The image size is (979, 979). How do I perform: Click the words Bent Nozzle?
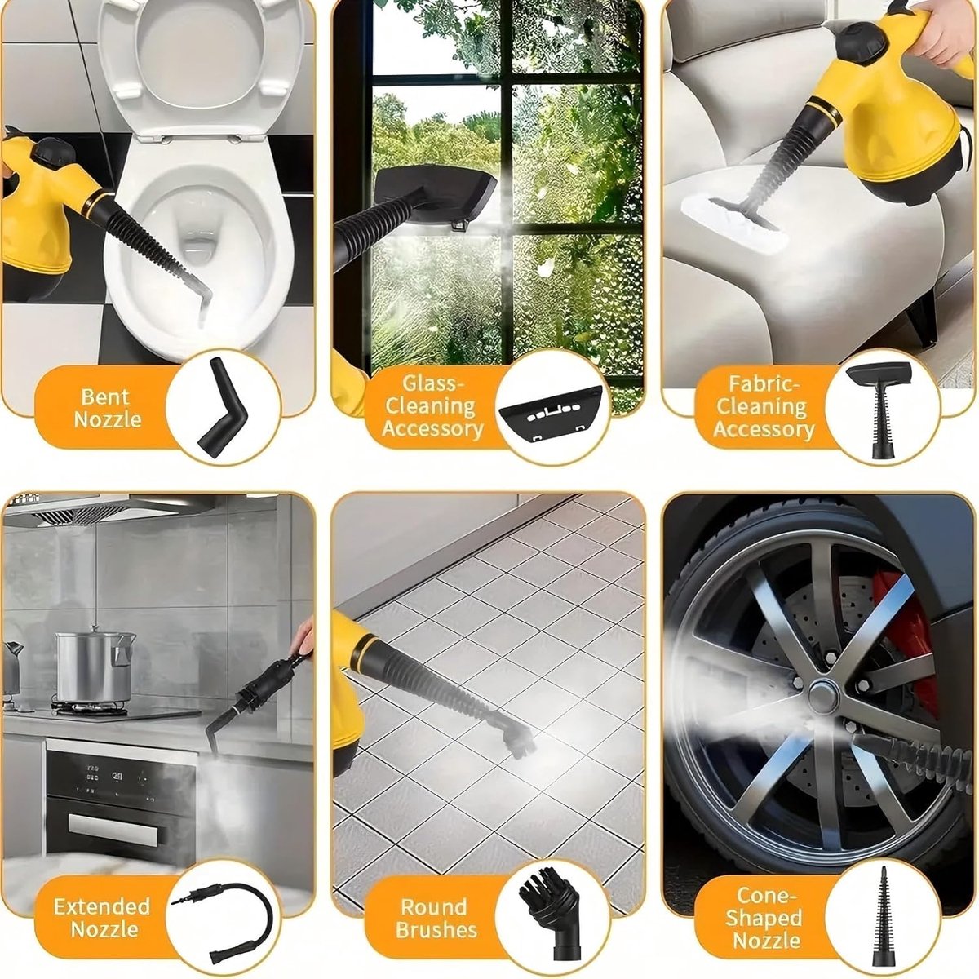pos(107,408)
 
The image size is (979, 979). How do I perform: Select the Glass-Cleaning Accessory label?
pos(432,406)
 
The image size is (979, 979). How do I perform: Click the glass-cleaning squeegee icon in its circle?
pos(552,413)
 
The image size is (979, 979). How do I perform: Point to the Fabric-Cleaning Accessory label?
pos(763,406)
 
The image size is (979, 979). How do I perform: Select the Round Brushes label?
pos(436,919)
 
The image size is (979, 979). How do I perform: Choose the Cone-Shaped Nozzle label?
pos(764,919)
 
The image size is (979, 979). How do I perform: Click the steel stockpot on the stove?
pos(95,667)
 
